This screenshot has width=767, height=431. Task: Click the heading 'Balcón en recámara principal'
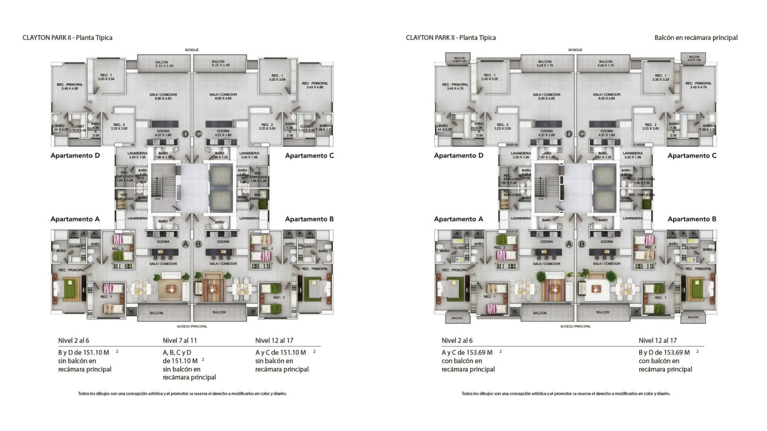click(x=696, y=38)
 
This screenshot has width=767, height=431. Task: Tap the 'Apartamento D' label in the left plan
click(x=75, y=156)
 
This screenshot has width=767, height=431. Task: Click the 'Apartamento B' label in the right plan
click(x=691, y=219)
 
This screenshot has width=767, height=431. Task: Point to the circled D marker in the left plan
click(x=186, y=134)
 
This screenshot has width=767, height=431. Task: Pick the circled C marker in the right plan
click(x=582, y=134)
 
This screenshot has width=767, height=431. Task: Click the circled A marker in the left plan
click(x=186, y=244)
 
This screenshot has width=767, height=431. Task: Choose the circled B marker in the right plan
click(x=582, y=244)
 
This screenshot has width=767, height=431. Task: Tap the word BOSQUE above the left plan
click(x=192, y=50)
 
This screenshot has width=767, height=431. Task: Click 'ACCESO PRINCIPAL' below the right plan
click(x=576, y=326)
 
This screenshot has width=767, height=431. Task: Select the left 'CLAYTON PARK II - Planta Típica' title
click(x=67, y=38)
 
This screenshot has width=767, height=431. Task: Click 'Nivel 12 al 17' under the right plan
click(x=658, y=340)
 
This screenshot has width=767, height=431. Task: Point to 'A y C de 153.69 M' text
click(x=467, y=352)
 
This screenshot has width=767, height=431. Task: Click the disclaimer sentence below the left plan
click(x=182, y=393)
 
